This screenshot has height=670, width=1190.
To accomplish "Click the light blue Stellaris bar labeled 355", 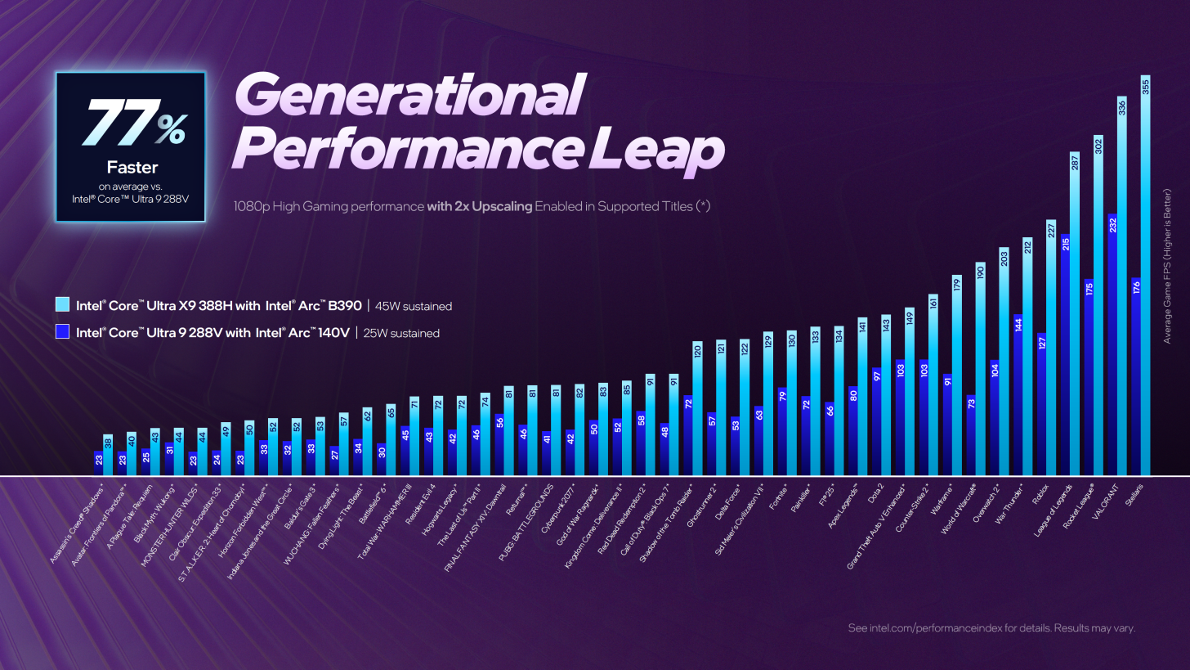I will (x=1145, y=278).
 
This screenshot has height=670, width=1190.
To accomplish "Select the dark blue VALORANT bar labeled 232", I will (x=1112, y=344).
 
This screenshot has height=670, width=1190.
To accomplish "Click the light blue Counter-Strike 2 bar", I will (x=933, y=384).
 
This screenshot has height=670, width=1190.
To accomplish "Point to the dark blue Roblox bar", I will (x=1042, y=404).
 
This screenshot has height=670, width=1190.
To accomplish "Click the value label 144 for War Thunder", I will (x=1018, y=325).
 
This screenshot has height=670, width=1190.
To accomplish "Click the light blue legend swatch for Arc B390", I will (x=61, y=305).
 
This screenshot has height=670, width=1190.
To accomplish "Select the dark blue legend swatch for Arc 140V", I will (x=61, y=332).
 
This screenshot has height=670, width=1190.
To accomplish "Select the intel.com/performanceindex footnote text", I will (x=991, y=628).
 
